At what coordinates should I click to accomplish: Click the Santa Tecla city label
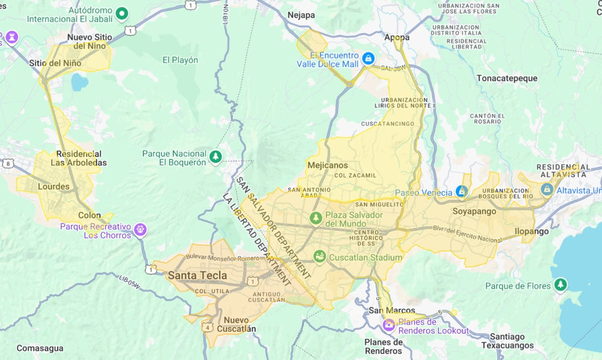(x=197, y=276)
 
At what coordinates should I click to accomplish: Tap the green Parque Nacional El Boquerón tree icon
(x=216, y=157)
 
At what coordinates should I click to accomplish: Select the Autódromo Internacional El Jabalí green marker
(x=122, y=13)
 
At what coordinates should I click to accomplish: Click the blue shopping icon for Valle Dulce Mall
(x=368, y=59)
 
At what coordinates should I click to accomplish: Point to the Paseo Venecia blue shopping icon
(x=462, y=191)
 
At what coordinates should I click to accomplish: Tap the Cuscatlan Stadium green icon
(x=319, y=257)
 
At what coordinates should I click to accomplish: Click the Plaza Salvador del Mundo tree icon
(x=315, y=217)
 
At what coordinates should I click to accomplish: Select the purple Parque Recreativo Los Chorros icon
(x=140, y=229)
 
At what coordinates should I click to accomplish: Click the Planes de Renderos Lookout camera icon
(x=389, y=325)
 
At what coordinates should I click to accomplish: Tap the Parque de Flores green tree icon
(x=560, y=284)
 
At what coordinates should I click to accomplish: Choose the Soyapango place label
(x=474, y=211)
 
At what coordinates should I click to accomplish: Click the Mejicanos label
(x=327, y=165)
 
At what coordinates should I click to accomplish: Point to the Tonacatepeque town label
(x=507, y=78)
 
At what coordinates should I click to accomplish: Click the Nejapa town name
(x=301, y=15)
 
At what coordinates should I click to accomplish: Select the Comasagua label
(x=40, y=348)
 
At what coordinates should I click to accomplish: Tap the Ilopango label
(x=532, y=231)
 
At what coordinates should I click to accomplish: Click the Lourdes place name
(x=54, y=187)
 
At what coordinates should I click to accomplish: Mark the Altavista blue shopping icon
(x=547, y=189)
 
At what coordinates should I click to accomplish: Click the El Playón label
(x=180, y=60)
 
